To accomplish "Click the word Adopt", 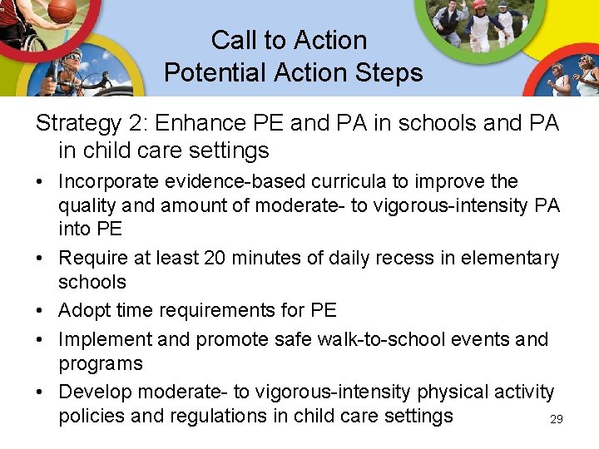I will click(83, 310).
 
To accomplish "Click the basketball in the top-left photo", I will click(62, 10).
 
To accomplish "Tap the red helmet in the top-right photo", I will click(479, 5).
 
